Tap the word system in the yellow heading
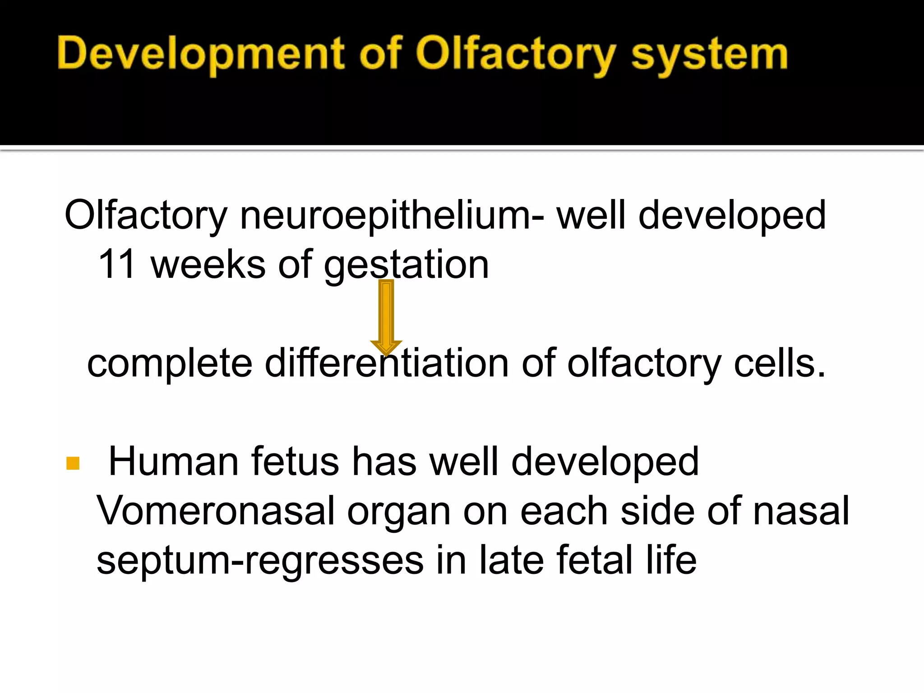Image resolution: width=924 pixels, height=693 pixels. (x=709, y=55)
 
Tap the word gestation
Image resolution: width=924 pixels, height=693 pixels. (x=407, y=265)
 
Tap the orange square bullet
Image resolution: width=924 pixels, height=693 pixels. (x=73, y=463)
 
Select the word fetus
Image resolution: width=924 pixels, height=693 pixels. (x=295, y=462)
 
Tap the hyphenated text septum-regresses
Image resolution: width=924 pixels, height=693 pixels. (x=260, y=561)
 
